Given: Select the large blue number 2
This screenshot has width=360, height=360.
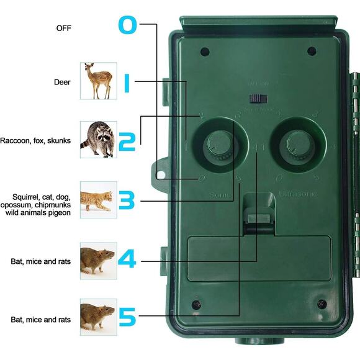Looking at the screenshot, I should (x=127, y=141).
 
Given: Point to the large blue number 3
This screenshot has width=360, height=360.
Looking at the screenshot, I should (x=127, y=200).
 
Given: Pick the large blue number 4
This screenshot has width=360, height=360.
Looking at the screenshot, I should (x=127, y=259).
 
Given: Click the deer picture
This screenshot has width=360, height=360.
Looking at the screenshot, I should (x=98, y=81).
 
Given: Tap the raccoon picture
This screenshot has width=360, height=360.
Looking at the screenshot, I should (x=98, y=139).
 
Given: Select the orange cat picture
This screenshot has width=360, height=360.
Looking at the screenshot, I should (x=98, y=199).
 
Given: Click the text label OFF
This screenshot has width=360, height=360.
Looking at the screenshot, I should (x=64, y=28).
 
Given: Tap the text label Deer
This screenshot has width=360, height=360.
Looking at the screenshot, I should (x=63, y=81).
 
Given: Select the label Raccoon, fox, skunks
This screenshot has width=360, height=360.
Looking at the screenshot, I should (x=35, y=141).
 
